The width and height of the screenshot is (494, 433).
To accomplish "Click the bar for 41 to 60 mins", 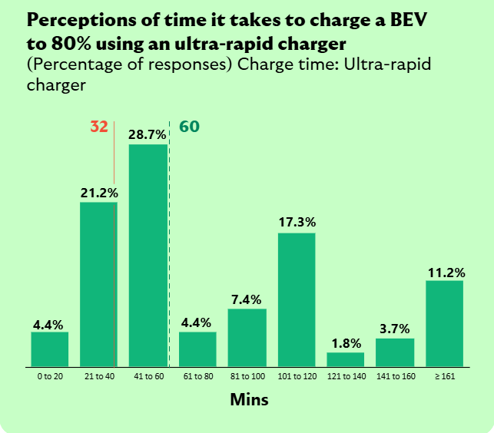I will point(148,256).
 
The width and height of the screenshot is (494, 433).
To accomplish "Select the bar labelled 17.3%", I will point(297,299).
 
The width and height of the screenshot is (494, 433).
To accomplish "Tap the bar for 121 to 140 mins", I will point(346,359).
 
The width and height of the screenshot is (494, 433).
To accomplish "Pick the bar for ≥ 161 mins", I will point(445,323).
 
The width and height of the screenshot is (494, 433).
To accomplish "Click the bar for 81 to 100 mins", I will point(247,338).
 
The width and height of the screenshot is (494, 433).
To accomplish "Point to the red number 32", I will point(99,127).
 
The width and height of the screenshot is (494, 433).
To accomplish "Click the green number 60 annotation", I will point(189,126).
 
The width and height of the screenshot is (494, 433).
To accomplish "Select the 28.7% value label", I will point(148,134).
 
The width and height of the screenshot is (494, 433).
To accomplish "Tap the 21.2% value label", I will point(99,193).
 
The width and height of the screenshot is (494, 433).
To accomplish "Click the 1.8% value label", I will point(346,342).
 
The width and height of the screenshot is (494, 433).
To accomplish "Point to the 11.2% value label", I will point(445,271).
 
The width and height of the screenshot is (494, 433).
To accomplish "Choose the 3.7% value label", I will point(395,329).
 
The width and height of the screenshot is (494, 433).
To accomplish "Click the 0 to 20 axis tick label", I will point(50,378).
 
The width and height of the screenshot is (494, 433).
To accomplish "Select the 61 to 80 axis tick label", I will point(197,378).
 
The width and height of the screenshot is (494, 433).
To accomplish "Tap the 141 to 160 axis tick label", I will point(395,378).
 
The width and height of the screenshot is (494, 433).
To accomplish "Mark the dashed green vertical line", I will point(170,246).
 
